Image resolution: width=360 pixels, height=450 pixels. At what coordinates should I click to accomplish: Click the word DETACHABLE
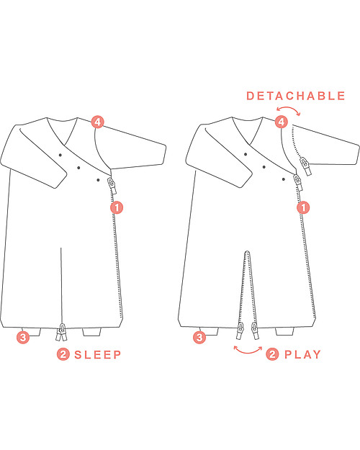tap(296, 96)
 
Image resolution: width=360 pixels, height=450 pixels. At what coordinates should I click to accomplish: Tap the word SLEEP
tap(98, 355)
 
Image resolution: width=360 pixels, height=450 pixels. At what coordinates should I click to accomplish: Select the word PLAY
tap(302, 355)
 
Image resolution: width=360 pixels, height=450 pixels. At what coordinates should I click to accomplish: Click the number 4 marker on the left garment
tap(98, 122)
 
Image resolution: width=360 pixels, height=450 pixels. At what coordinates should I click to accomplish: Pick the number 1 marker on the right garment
tap(303, 207)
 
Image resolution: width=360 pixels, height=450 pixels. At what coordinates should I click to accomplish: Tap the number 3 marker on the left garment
tap(23, 337)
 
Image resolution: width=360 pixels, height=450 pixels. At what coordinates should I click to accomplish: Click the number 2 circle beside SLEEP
tap(63, 354)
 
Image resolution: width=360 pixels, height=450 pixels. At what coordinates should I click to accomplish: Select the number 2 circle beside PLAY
tap(272, 354)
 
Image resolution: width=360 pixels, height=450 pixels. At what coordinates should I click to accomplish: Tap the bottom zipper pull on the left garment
tap(62, 332)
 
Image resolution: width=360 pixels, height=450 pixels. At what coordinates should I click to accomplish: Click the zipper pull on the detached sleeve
tap(305, 166)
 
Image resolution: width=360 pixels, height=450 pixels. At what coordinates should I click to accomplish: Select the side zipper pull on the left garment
tap(112, 185)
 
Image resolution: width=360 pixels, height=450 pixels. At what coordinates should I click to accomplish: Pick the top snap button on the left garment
tap(60, 155)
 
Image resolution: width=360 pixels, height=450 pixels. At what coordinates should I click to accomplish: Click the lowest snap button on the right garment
tap(284, 179)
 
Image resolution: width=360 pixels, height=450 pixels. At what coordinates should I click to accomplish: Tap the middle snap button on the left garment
tap(78, 168)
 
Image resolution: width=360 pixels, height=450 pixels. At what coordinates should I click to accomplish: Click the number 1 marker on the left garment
tap(117, 207)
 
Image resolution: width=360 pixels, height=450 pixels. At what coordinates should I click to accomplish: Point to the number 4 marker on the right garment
tap(282, 122)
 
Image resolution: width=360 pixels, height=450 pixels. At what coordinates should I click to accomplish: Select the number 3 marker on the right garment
tap(199, 337)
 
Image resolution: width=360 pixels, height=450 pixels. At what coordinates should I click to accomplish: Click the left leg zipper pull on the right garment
tap(240, 330)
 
